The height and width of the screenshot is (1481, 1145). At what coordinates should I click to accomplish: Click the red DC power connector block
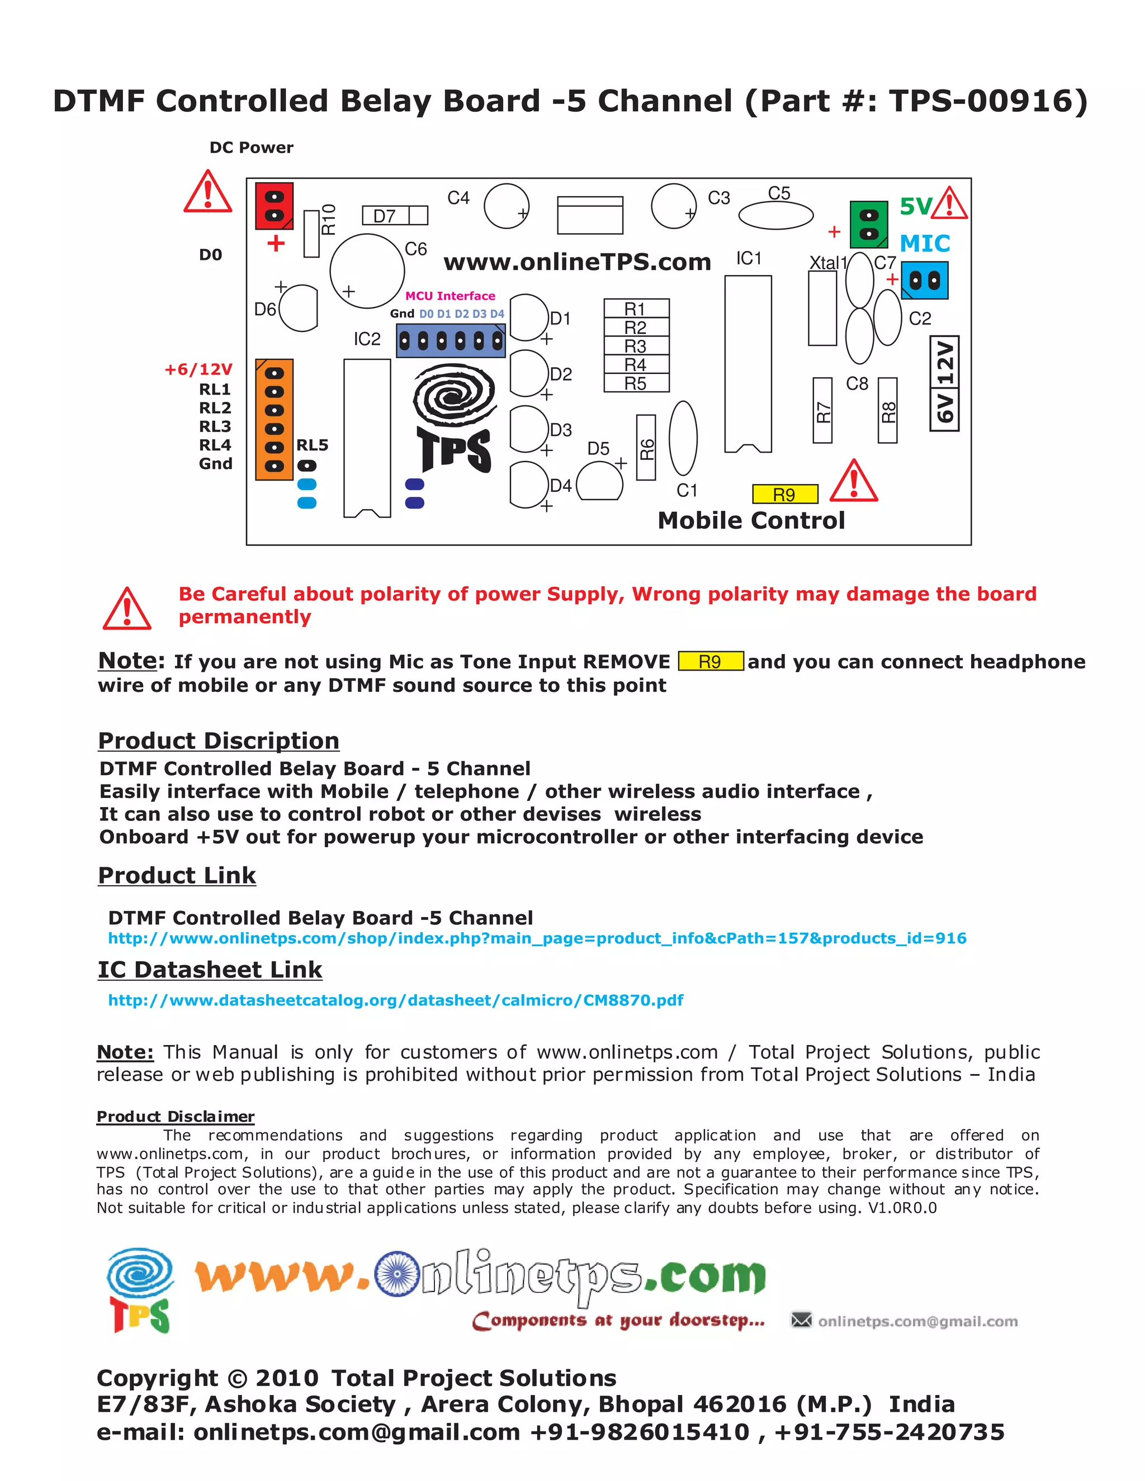point(274,206)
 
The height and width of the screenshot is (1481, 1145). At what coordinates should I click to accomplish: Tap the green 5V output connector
point(868,225)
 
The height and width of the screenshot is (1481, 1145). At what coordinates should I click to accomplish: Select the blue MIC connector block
point(925,280)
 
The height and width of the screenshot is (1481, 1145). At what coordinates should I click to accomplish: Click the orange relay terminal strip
point(274,419)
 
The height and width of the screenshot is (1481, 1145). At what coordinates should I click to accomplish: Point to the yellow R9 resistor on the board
point(785,495)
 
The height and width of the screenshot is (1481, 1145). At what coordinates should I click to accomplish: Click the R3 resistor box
point(636,346)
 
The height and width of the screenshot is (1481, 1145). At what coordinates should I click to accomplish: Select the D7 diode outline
point(395,216)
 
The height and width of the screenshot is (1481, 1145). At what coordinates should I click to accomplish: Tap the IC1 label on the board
point(749,258)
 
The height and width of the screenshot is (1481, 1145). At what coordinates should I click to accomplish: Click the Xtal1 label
point(827,263)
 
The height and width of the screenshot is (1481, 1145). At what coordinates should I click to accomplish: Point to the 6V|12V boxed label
point(944,382)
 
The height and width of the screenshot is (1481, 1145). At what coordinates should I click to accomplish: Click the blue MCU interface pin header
point(451,340)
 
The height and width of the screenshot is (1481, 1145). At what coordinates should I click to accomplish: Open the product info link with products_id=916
point(537,938)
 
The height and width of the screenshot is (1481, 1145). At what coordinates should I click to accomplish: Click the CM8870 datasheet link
point(395,1000)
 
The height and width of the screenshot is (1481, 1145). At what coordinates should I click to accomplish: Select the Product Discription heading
point(219,740)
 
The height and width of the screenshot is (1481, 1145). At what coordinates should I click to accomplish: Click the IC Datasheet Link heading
point(210,970)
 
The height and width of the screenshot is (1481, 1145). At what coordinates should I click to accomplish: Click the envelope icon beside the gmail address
point(801,1319)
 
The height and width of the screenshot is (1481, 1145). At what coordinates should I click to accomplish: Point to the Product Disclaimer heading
point(175,1117)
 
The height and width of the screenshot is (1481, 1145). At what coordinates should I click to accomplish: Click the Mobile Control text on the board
point(751,520)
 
